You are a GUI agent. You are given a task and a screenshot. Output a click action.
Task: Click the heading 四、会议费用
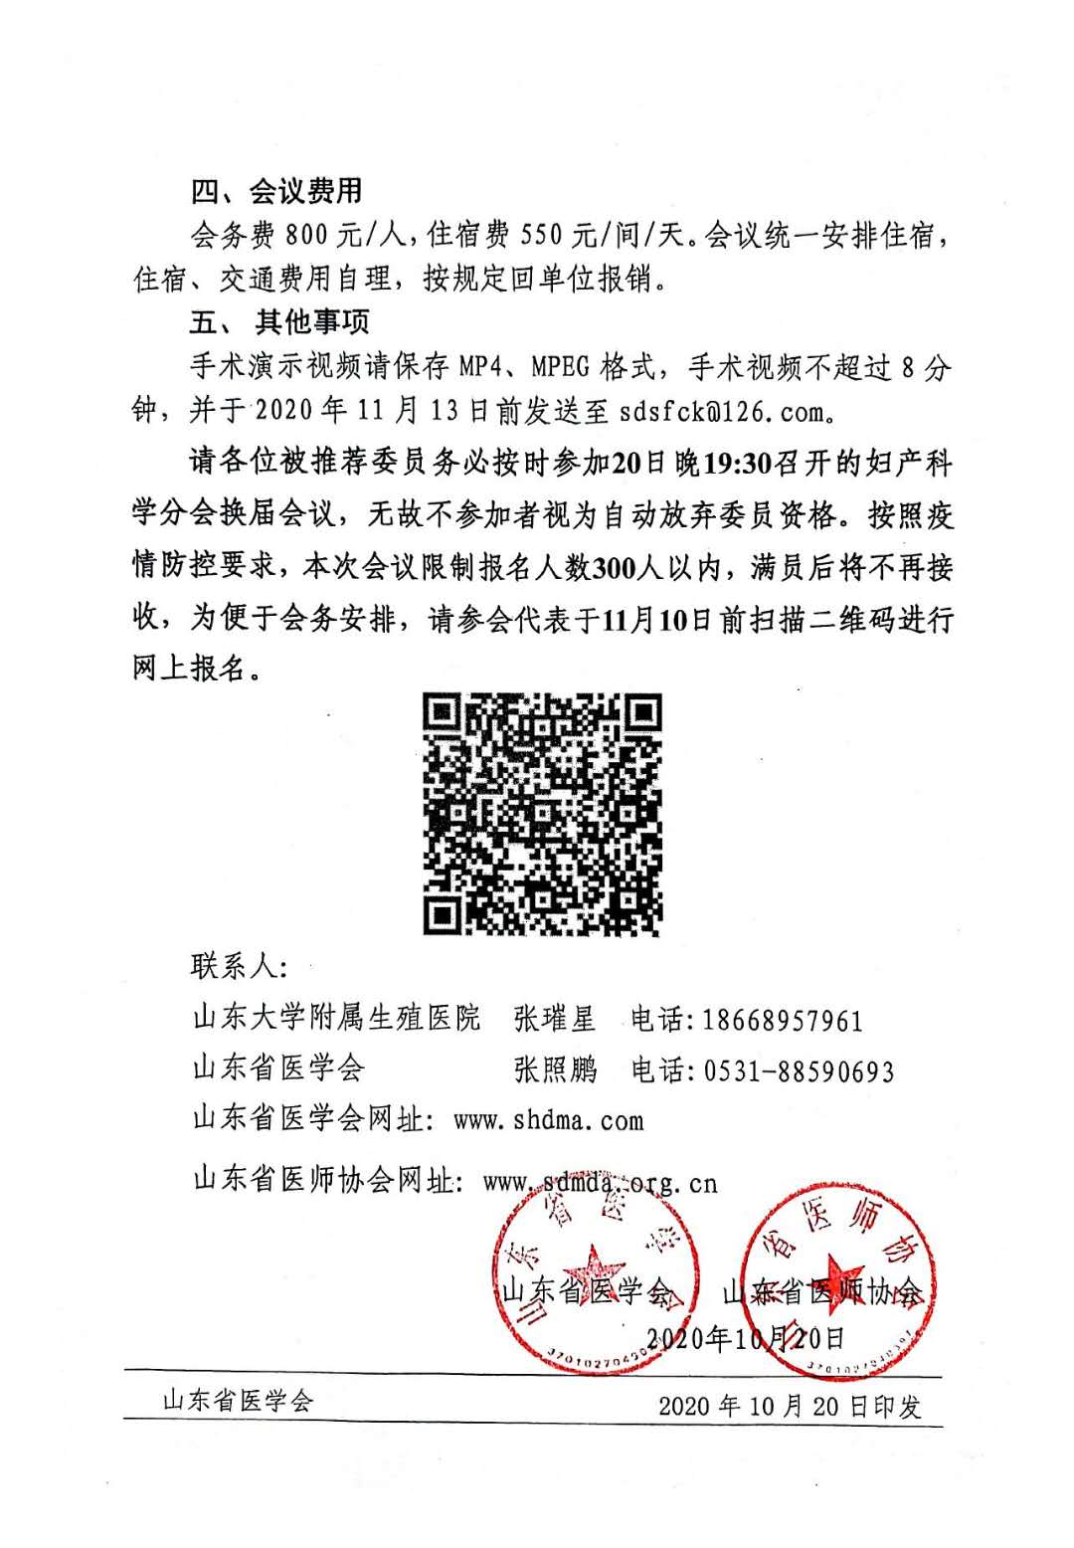pyautogui.click(x=276, y=190)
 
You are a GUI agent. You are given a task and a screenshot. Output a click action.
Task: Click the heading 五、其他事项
pyautogui.click(x=279, y=322)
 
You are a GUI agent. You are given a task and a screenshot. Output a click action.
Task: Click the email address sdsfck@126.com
pyautogui.click(x=720, y=411)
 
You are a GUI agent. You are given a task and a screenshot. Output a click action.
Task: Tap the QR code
pyautogui.click(x=542, y=814)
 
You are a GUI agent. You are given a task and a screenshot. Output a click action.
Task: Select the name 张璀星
pyautogui.click(x=554, y=1019)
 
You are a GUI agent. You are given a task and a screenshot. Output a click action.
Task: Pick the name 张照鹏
pyautogui.click(x=554, y=1069)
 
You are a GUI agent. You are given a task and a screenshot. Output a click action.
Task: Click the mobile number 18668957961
pyautogui.click(x=783, y=1020)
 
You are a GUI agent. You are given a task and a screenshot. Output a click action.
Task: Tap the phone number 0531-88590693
pyautogui.click(x=799, y=1070)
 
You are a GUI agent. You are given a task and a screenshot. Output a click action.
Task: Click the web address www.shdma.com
pyautogui.click(x=548, y=1120)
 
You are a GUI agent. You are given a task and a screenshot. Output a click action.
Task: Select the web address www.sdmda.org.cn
pyautogui.click(x=599, y=1182)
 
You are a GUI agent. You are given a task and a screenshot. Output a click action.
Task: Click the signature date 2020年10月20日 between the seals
pyautogui.click(x=746, y=1337)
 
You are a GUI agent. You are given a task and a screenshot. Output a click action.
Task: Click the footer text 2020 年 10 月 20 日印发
pyautogui.click(x=790, y=1405)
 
